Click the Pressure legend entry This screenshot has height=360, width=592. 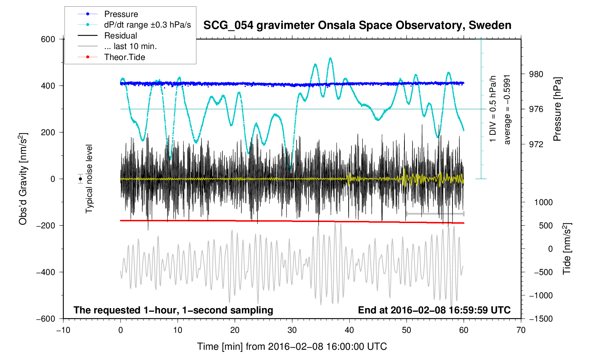[x=121, y=14]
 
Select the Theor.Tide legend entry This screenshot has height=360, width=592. [x=124, y=57]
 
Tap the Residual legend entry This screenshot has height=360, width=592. [x=120, y=36]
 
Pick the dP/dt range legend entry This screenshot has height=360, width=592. [x=147, y=25]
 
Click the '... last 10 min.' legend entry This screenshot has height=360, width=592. [x=130, y=46]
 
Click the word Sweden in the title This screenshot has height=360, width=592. [x=490, y=25]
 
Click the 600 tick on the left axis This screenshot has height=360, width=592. [x=48, y=39]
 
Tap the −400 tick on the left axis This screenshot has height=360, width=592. [x=46, y=272]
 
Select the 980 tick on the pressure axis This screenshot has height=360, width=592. [x=536, y=74]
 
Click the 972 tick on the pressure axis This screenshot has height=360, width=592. [x=536, y=144]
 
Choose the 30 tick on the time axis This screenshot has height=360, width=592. [x=292, y=330]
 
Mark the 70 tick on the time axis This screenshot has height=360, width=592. [x=521, y=330]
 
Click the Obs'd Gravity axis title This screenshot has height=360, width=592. [x=23, y=179]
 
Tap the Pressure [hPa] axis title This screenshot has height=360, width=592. [x=557, y=109]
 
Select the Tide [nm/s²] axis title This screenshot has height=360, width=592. [x=567, y=248]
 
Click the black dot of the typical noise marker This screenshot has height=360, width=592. [x=81, y=179]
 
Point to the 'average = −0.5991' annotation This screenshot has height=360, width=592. [x=507, y=109]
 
